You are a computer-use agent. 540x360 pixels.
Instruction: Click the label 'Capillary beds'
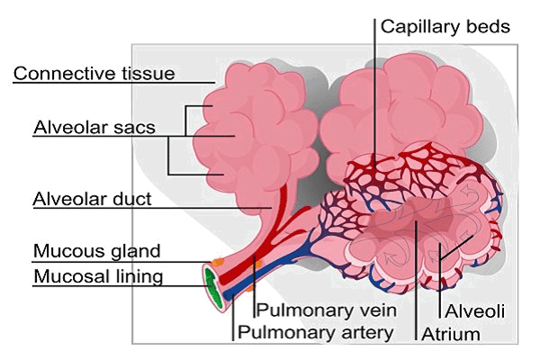click(x=445, y=25)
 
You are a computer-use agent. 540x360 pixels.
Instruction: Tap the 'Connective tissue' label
click(x=94, y=72)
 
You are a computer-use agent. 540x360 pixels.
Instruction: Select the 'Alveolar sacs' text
click(x=94, y=126)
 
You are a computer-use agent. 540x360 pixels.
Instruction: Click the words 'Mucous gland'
click(x=96, y=250)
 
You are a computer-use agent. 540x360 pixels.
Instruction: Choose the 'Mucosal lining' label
click(x=98, y=275)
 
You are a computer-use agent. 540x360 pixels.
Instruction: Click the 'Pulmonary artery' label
click(x=315, y=333)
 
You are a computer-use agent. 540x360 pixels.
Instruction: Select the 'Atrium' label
click(x=450, y=334)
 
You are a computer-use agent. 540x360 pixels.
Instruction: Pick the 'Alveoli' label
click(x=472, y=311)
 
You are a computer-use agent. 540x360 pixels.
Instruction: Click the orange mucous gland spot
click(x=217, y=262)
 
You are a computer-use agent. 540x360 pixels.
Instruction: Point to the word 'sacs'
click(x=137, y=126)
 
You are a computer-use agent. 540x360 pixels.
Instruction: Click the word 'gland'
click(x=136, y=250)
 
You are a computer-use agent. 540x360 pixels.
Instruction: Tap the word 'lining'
click(x=138, y=275)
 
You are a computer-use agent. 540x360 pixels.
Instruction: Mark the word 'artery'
click(x=367, y=333)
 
